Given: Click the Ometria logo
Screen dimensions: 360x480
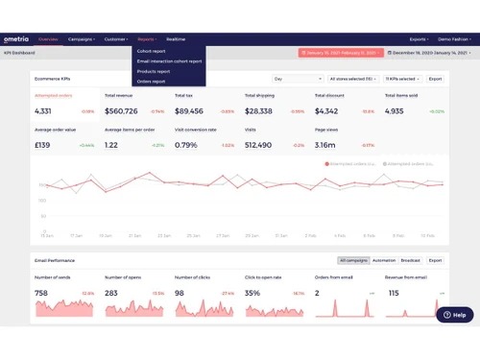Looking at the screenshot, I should [16, 39].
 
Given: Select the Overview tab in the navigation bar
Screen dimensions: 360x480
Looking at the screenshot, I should [48, 39].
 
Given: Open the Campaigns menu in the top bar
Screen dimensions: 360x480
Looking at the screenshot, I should [81, 39].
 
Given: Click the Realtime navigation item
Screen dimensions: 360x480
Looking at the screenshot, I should [176, 39].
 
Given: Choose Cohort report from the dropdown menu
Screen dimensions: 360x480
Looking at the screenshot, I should [151, 50].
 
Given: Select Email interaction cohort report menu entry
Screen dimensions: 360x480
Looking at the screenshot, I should [169, 60].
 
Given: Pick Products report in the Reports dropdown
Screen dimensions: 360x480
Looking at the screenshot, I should [154, 71].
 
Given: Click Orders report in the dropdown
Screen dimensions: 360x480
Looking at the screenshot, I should [151, 82].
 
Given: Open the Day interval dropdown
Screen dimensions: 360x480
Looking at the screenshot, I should [297, 79].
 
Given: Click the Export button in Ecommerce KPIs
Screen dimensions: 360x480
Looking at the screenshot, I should [435, 79].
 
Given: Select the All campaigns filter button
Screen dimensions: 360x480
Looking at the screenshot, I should [352, 260].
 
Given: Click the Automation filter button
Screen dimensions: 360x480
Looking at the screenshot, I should [384, 260].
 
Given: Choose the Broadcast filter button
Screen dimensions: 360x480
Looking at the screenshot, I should [410, 260].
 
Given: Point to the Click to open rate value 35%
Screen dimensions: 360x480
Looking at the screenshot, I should [252, 293].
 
